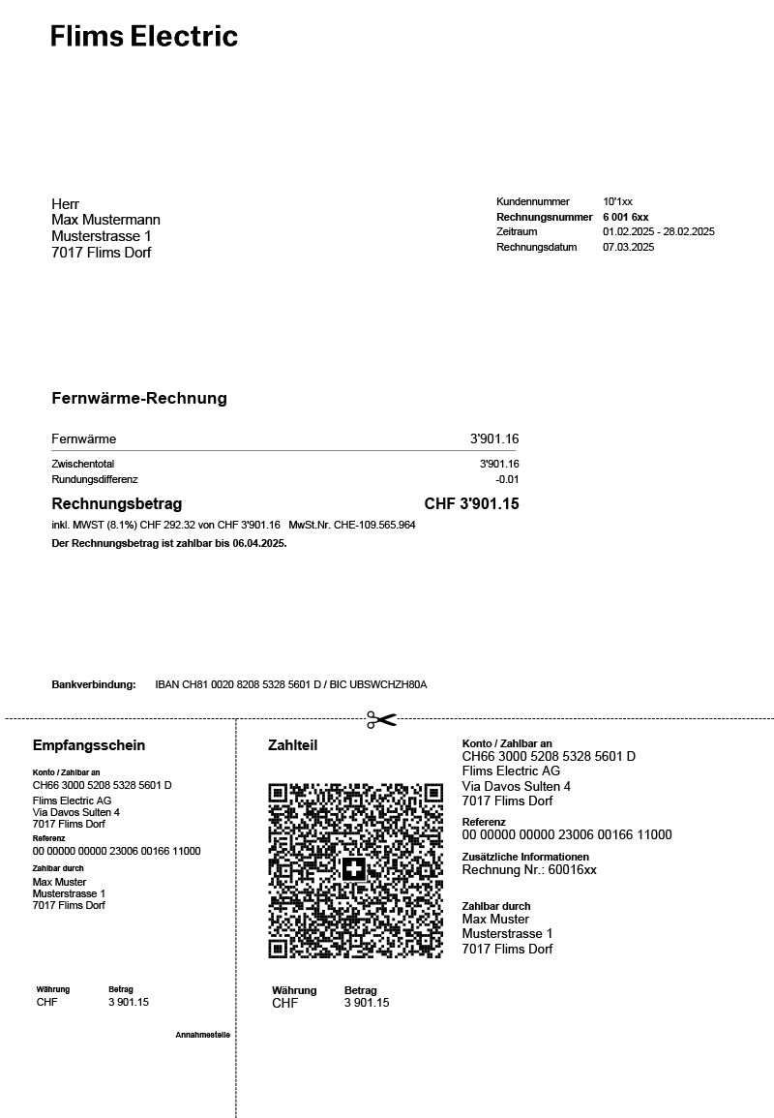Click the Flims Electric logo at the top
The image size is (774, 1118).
(x=144, y=37)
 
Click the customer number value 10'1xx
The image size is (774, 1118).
(x=617, y=202)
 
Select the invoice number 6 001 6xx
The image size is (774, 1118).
(x=625, y=218)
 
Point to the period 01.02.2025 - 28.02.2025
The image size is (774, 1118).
(x=658, y=232)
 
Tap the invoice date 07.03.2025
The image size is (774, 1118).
(x=628, y=248)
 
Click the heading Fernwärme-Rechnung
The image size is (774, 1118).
(x=139, y=399)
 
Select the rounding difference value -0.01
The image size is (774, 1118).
(x=507, y=480)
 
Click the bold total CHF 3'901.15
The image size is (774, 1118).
(x=471, y=504)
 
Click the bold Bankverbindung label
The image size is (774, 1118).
(x=94, y=685)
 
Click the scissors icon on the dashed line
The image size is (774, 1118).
(x=381, y=719)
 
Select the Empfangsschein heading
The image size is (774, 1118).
(x=89, y=745)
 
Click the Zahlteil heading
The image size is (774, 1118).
(x=292, y=745)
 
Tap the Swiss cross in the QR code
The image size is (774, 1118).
(x=354, y=869)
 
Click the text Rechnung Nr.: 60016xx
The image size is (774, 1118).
(x=529, y=870)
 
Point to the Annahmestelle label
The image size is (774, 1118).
(x=202, y=1035)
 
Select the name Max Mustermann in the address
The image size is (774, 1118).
(x=105, y=221)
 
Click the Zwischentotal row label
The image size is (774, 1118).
(x=82, y=465)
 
